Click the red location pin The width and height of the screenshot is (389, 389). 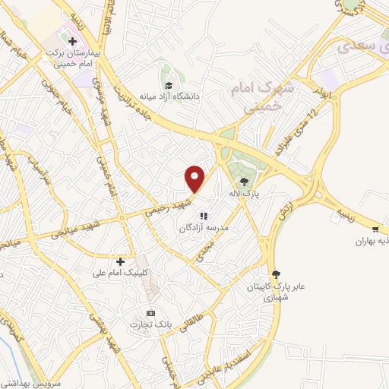pos(195,179)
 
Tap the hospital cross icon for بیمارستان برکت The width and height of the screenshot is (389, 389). pos(72,40)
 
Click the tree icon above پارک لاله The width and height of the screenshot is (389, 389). pos(244,182)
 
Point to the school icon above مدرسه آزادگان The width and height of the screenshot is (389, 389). pos(204,215)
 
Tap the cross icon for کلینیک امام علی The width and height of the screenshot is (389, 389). pos(120,261)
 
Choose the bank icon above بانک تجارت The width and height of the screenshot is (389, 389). pos(150,312)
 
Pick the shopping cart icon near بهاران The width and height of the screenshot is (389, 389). pos(375,229)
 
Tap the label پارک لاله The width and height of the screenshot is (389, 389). pos(246,194)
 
